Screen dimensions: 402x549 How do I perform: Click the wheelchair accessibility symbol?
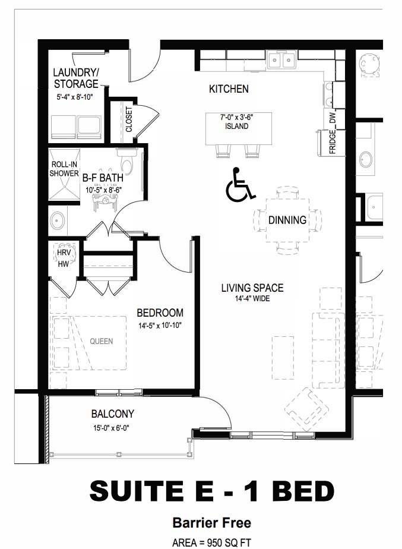pyautogui.click(x=240, y=185)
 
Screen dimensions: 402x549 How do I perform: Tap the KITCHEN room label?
pyautogui.click(x=229, y=89)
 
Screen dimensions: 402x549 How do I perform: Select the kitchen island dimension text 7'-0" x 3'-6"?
pyautogui.click(x=237, y=117)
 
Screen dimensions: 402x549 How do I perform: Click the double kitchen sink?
pyautogui.click(x=281, y=60)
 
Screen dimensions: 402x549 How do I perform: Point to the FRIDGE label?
pyautogui.click(x=333, y=141)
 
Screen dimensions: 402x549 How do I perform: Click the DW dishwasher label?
pyautogui.click(x=333, y=118)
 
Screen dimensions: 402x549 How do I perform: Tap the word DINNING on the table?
pyautogui.click(x=287, y=220)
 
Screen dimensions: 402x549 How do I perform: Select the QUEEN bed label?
pyautogui.click(x=102, y=341)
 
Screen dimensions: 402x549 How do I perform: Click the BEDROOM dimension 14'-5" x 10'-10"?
pyautogui.click(x=160, y=326)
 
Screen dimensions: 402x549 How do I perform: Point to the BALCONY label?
pyautogui.click(x=113, y=414)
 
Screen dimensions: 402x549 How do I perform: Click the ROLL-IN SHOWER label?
pyautogui.click(x=64, y=169)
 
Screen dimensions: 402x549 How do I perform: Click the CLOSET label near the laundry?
pyautogui.click(x=129, y=119)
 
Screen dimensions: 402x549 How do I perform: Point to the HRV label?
pyautogui.click(x=64, y=253)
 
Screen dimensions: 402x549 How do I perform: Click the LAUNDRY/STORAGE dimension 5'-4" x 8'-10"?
pyautogui.click(x=75, y=97)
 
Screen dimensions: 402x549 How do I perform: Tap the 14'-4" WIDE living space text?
pyautogui.click(x=252, y=299)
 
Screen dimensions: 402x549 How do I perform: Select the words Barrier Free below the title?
pyautogui.click(x=211, y=523)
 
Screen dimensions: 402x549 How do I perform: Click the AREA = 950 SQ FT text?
pyautogui.click(x=211, y=542)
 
